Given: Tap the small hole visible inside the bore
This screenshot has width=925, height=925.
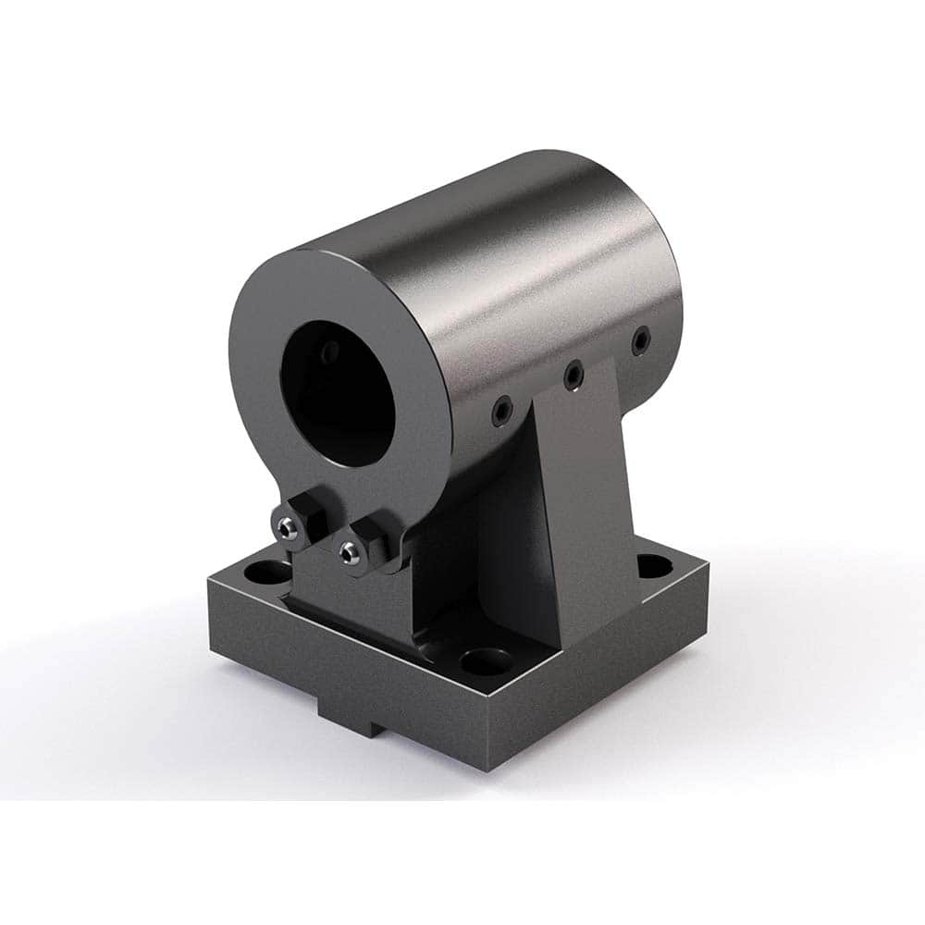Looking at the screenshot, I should tap(329, 351).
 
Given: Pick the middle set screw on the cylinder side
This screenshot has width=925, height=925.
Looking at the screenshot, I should tap(573, 374).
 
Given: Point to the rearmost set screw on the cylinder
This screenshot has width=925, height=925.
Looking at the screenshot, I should tap(639, 342).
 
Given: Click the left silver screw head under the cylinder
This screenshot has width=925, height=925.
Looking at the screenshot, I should tap(288, 527).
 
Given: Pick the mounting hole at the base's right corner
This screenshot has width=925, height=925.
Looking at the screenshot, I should tap(653, 561).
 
